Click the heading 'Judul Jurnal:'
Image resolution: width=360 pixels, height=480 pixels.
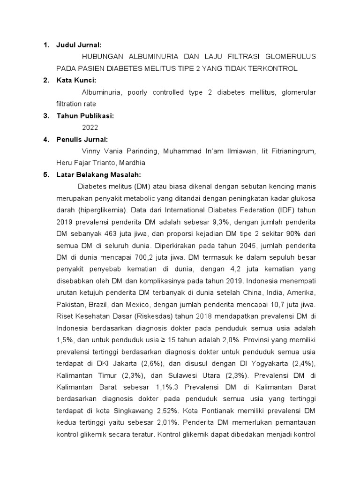click(x=79, y=45)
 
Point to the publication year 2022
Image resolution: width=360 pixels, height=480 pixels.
click(x=90, y=127)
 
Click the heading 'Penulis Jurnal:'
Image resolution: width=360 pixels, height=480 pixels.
click(x=82, y=139)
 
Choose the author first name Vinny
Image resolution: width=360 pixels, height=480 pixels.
click(x=90, y=151)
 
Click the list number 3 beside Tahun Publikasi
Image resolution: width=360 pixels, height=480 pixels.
click(x=45, y=115)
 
